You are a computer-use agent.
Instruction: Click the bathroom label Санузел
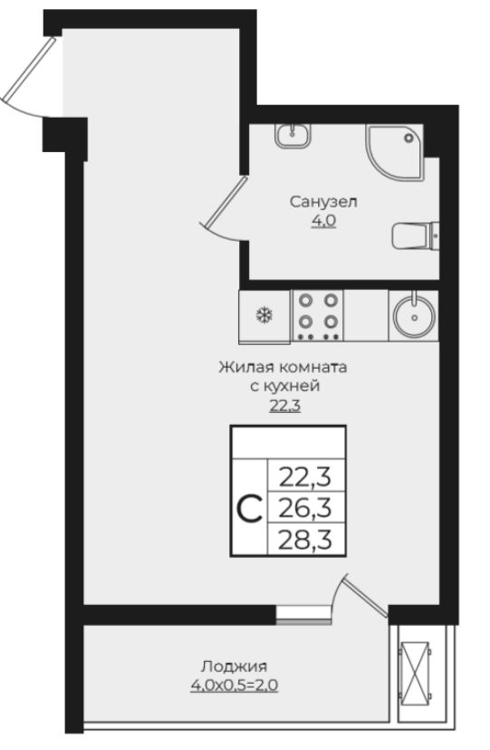[323, 201]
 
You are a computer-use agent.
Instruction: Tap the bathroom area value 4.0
[323, 220]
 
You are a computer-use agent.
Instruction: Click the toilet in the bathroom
[415, 236]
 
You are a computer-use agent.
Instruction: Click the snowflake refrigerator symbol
[264, 316]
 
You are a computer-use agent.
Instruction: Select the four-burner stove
[320, 313]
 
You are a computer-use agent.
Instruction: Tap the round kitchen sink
[413, 315]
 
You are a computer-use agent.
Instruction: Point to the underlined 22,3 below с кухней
[283, 405]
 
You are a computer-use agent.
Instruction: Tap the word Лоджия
[235, 666]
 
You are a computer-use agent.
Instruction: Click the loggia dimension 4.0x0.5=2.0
[235, 686]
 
